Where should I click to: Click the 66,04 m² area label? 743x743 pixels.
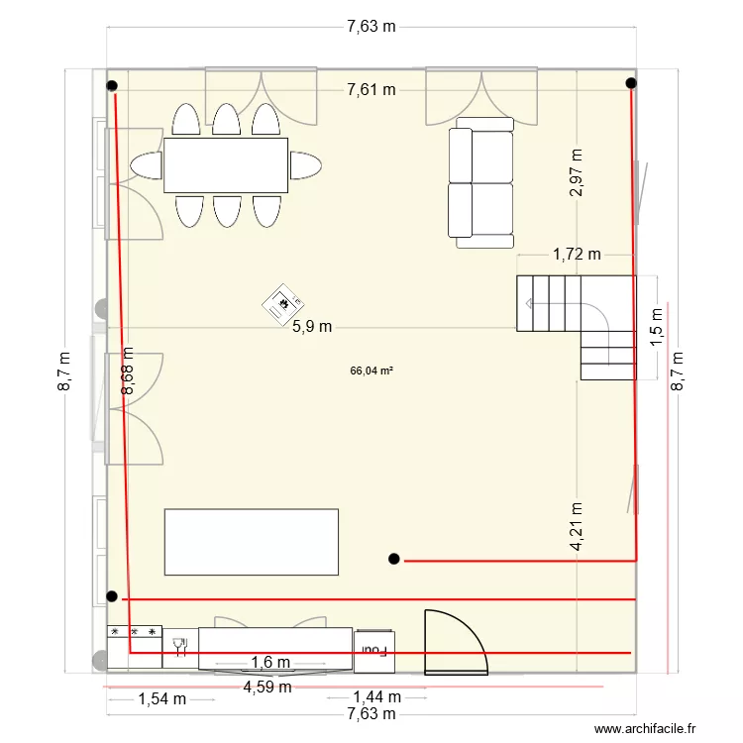tap(371, 371)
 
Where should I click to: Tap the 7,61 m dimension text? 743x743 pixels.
tap(371, 90)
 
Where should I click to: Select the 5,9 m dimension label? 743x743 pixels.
tap(311, 326)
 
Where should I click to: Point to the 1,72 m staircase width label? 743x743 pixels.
tap(577, 254)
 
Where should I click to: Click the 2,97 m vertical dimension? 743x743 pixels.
tap(577, 173)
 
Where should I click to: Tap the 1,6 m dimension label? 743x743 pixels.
tap(269, 663)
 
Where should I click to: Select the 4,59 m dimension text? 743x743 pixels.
tap(267, 686)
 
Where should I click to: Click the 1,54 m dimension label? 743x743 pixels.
tap(161, 698)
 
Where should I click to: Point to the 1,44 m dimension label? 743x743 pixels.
tap(377, 698)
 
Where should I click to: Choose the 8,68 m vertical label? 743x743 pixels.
tap(128, 371)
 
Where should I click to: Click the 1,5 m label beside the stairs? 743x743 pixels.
tap(657, 326)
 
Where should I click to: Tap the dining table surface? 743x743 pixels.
tap(226, 164)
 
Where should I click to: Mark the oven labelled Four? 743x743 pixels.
tap(374, 650)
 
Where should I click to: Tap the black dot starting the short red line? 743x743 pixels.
tap(394, 560)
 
